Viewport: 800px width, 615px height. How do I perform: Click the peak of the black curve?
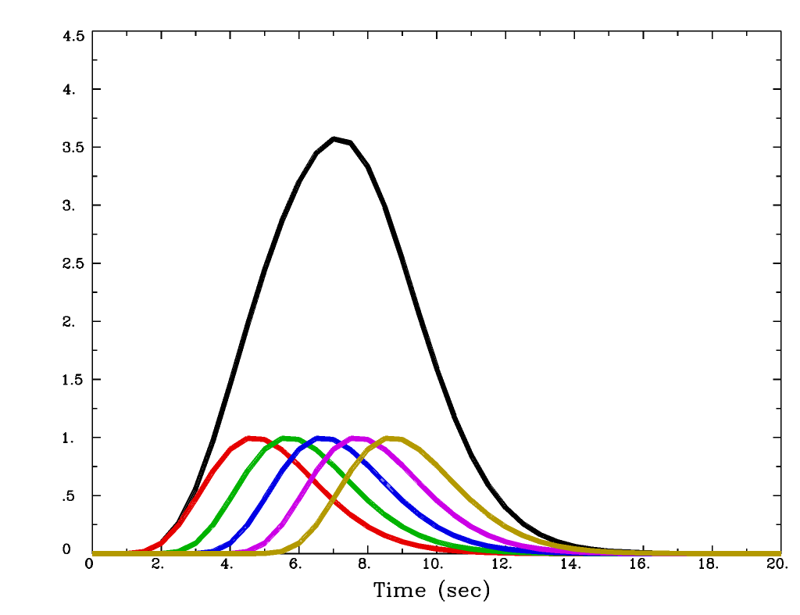[x=334, y=139]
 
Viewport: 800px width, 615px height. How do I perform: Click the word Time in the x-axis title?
[x=400, y=591]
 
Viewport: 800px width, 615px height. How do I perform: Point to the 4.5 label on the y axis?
[x=73, y=36]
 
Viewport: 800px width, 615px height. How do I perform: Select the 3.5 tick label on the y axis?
[x=73, y=148]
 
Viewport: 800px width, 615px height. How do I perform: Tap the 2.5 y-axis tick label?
[x=73, y=263]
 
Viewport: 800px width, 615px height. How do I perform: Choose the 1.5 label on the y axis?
[x=73, y=380]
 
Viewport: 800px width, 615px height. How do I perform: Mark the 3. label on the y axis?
[x=70, y=206]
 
